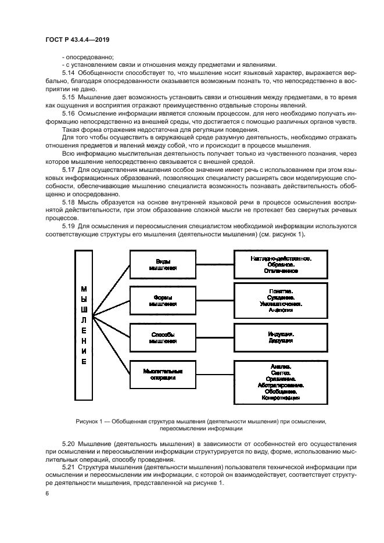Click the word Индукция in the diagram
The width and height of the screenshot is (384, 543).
pos(281,335)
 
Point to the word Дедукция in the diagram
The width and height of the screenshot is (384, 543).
pos(281,341)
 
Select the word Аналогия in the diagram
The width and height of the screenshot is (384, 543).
pos(281,310)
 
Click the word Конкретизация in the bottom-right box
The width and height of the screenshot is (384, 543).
pos(281,398)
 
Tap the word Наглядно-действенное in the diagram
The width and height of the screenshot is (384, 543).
pos(281,257)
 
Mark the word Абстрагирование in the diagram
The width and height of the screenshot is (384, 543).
pos(281,384)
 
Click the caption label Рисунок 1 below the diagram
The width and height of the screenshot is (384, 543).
pos(91,420)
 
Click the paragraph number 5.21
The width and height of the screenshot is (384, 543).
pos(68,466)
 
